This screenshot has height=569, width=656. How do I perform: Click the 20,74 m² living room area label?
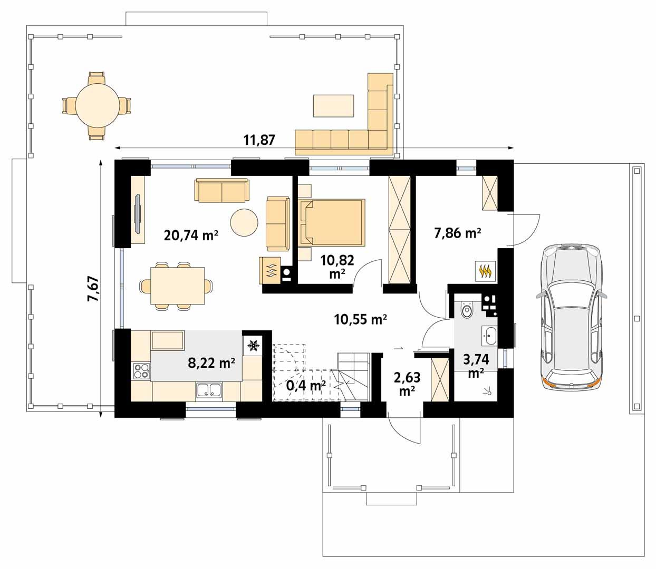(x=191, y=236)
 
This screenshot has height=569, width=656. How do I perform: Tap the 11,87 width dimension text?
(x=259, y=140)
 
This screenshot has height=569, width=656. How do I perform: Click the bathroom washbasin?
(x=489, y=336)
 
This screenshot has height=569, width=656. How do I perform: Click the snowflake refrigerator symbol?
(x=253, y=345)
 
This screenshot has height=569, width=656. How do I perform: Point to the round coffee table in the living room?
(x=244, y=222)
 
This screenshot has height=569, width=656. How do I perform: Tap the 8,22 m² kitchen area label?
(x=211, y=363)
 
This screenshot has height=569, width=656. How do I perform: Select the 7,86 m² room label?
(x=458, y=233)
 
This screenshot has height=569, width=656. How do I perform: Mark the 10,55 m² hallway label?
(x=360, y=319)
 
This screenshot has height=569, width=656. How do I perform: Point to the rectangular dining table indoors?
(x=178, y=286)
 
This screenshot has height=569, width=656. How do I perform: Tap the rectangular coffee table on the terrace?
(x=333, y=106)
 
